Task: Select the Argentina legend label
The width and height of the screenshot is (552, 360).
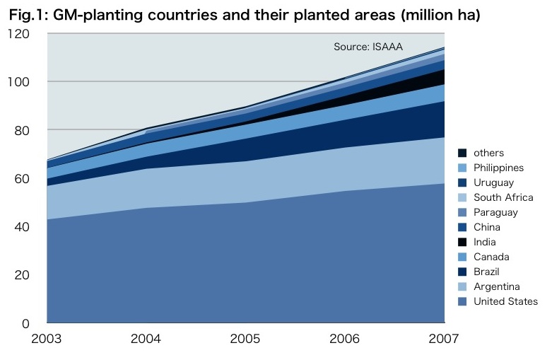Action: coord(496,286)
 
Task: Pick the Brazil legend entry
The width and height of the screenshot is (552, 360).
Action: coord(486,272)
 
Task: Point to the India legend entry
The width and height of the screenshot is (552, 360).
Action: coord(484,242)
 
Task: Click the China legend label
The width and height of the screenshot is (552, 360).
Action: coord(486,227)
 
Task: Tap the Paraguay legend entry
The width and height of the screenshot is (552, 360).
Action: coord(495,212)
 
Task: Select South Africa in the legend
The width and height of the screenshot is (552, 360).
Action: coord(503,197)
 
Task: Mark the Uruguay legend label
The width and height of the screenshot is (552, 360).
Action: coord(493,182)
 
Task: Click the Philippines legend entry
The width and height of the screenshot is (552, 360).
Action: coord(498,168)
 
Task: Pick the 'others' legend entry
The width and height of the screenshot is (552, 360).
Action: coord(488,153)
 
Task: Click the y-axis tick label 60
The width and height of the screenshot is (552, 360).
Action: coord(22,179)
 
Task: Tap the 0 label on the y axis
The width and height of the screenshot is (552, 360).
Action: coord(25,323)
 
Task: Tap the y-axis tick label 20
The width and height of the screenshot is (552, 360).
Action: coord(22,275)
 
